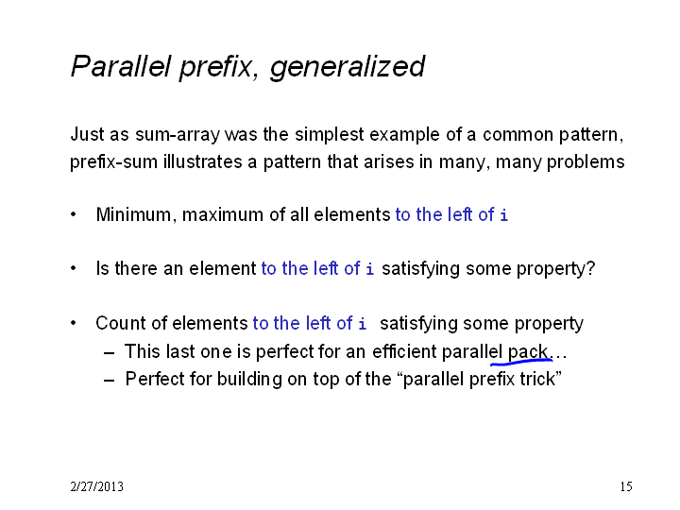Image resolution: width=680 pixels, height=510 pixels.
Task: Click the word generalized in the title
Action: tap(348, 67)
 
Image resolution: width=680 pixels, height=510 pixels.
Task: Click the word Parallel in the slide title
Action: tap(121, 66)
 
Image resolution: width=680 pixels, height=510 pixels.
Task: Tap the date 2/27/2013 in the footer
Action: tap(96, 486)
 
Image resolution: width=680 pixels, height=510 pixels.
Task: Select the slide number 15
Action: tap(626, 486)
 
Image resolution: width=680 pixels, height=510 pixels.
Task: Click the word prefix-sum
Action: tap(113, 162)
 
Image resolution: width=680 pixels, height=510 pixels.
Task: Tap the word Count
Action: tap(121, 323)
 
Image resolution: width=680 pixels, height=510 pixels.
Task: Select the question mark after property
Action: tap(590, 268)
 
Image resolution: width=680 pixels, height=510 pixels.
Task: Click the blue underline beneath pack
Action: tap(521, 360)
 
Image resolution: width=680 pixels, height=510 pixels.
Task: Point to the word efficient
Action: tap(404, 351)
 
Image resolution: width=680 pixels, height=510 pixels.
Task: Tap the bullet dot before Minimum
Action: tap(74, 214)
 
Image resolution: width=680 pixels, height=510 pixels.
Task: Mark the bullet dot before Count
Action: tap(74, 323)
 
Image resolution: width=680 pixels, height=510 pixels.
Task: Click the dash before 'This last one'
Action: tap(110, 352)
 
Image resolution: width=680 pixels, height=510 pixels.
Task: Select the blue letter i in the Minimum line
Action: tap(503, 214)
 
